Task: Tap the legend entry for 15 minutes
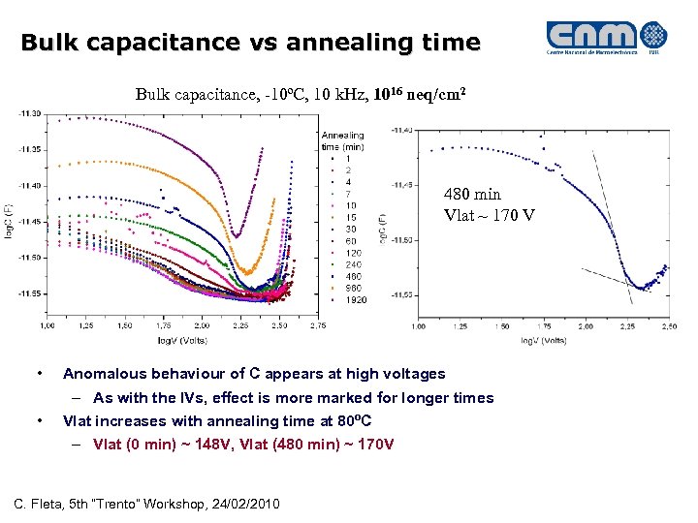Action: click(x=350, y=217)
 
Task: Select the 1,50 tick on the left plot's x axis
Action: click(x=125, y=326)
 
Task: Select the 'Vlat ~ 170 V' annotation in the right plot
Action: click(x=489, y=214)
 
